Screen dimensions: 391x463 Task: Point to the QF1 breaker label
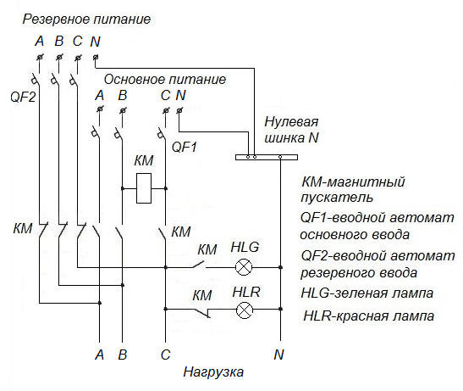[185, 146]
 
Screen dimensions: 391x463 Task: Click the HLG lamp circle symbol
[244, 267]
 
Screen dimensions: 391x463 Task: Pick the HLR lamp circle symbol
[244, 310]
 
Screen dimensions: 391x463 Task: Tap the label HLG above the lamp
[245, 248]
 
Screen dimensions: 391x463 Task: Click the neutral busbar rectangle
[266, 157]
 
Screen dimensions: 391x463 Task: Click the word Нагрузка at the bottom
[213, 372]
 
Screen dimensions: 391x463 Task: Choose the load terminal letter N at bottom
[278, 354]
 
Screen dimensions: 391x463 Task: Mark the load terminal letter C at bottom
[165, 354]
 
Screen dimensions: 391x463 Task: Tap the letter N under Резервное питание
[95, 40]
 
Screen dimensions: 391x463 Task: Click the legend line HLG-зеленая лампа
[367, 293]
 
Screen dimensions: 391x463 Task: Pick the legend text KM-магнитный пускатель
[353, 189]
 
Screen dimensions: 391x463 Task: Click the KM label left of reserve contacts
[23, 229]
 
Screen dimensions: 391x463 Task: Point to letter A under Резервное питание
[39, 40]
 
